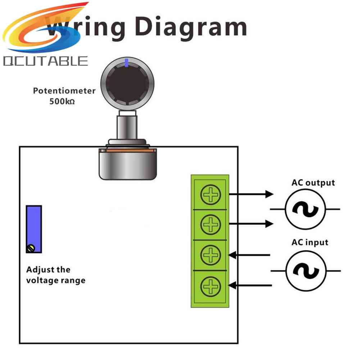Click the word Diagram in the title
(x=193, y=27)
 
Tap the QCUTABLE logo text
(x=45, y=61)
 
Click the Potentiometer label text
(x=64, y=91)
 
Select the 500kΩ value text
(x=62, y=101)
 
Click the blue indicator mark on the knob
(x=126, y=63)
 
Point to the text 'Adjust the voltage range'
(x=56, y=275)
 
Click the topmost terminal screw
(x=210, y=195)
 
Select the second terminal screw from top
(x=210, y=225)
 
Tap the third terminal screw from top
(x=210, y=255)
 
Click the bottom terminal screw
(x=210, y=286)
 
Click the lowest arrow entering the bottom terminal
(x=250, y=286)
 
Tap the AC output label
(x=313, y=183)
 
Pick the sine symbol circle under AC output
(x=305, y=209)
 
